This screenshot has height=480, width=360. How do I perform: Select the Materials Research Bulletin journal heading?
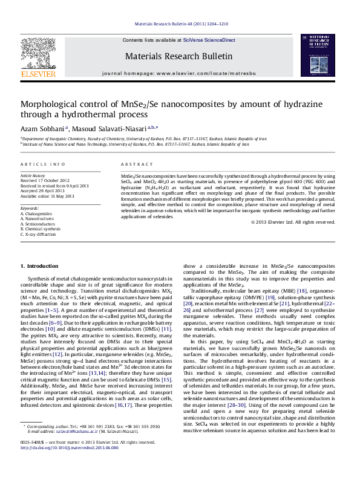pos(178,56)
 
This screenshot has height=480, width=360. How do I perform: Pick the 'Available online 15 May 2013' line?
pos(48,196)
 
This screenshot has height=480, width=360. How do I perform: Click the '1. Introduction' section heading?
pos(39,266)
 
